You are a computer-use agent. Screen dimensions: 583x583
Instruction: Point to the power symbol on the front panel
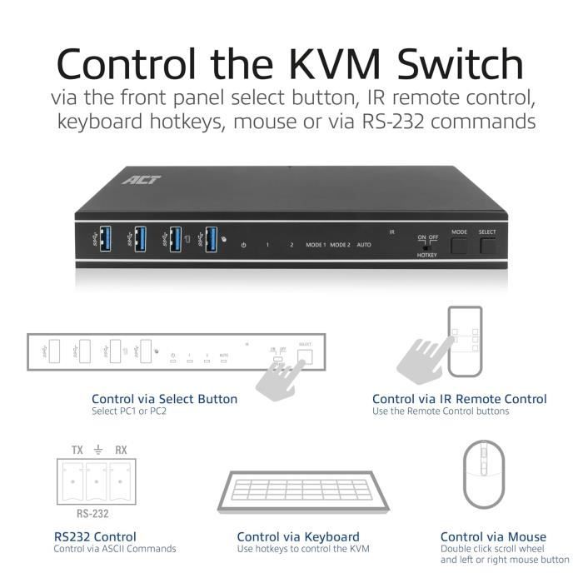click(x=243, y=245)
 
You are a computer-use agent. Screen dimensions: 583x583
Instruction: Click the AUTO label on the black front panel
click(x=364, y=245)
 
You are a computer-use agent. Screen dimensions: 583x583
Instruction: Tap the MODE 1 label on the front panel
click(x=316, y=245)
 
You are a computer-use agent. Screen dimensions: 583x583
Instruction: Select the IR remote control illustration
click(x=464, y=341)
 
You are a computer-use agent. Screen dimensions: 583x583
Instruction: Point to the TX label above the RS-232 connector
click(x=77, y=450)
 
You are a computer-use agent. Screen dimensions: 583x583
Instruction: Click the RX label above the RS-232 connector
click(x=121, y=450)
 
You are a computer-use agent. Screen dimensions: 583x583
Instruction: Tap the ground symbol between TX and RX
click(x=99, y=450)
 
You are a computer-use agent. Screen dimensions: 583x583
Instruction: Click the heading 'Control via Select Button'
click(x=164, y=399)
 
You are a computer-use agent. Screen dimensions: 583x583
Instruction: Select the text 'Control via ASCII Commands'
click(x=114, y=549)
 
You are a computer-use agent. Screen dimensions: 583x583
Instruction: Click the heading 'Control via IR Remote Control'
click(x=459, y=399)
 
